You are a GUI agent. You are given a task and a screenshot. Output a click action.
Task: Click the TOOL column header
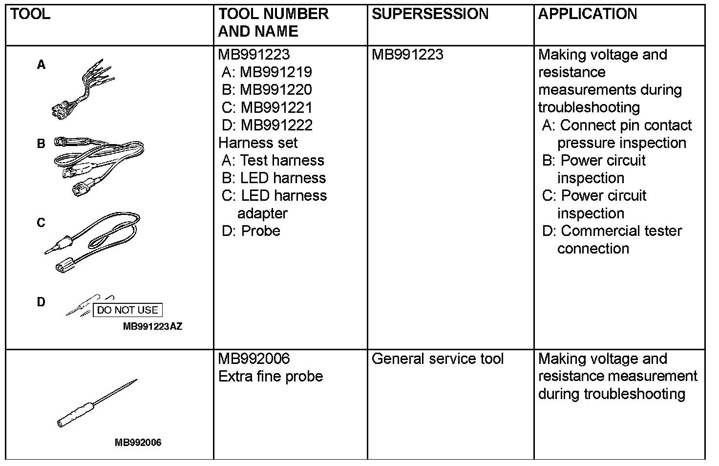click(30, 14)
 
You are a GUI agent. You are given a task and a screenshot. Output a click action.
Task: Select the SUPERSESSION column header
click(430, 14)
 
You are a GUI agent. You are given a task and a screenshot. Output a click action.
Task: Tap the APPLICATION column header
click(588, 14)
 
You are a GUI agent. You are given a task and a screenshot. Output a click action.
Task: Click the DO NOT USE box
click(127, 310)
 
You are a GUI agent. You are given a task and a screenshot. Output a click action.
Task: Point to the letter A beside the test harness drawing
click(42, 65)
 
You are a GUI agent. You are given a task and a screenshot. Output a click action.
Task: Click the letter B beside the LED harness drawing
click(42, 144)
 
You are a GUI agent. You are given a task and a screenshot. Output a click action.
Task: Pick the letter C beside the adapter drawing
click(42, 223)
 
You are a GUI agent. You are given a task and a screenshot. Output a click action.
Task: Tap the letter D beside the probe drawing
click(42, 302)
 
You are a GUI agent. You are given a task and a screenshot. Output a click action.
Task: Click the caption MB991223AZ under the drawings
click(152, 327)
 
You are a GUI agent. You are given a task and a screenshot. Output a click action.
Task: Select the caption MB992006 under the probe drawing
click(138, 443)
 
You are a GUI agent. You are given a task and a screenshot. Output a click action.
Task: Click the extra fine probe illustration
click(97, 403)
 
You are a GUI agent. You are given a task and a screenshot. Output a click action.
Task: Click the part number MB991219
click(276, 72)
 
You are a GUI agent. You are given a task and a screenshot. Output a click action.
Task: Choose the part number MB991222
click(276, 125)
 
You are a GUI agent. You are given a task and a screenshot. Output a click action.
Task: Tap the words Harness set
click(258, 143)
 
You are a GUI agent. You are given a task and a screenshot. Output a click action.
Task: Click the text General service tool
click(437, 359)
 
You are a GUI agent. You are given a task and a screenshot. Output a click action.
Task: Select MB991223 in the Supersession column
click(407, 55)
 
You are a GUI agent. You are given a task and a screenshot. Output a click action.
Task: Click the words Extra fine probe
click(271, 377)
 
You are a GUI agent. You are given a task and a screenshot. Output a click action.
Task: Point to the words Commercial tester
click(621, 231)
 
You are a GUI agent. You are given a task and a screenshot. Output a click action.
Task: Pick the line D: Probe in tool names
click(251, 231)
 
